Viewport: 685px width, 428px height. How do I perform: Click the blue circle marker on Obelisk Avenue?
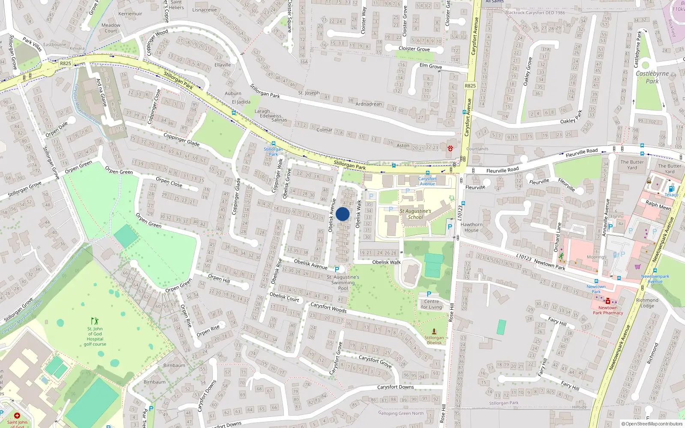click(x=342, y=214)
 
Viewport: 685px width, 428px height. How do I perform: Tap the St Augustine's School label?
click(x=415, y=214)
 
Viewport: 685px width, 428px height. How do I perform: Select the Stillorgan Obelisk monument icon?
click(x=434, y=332)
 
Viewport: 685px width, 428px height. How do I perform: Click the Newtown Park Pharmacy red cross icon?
click(x=608, y=301)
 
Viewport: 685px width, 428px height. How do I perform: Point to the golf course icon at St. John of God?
click(x=95, y=321)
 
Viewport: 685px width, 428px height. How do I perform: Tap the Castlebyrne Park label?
click(x=652, y=77)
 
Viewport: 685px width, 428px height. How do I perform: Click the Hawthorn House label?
click(x=471, y=227)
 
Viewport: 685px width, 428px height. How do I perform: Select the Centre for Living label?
click(x=431, y=304)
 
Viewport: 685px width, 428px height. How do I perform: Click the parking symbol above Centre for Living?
click(x=429, y=294)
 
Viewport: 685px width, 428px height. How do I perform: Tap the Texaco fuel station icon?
click(x=671, y=189)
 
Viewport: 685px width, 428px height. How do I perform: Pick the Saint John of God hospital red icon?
click(x=17, y=416)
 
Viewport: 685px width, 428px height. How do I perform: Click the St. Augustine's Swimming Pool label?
click(x=343, y=282)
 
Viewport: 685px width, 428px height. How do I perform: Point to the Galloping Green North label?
click(x=401, y=413)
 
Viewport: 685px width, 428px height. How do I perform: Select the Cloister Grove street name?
click(x=414, y=49)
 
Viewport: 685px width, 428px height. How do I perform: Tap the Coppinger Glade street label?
click(x=182, y=140)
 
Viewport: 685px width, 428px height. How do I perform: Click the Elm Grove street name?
click(x=431, y=66)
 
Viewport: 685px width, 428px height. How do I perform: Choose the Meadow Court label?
click(x=111, y=28)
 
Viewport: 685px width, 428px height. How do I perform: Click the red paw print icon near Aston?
click(x=450, y=149)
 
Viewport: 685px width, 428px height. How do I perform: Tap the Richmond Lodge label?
click(x=647, y=303)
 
